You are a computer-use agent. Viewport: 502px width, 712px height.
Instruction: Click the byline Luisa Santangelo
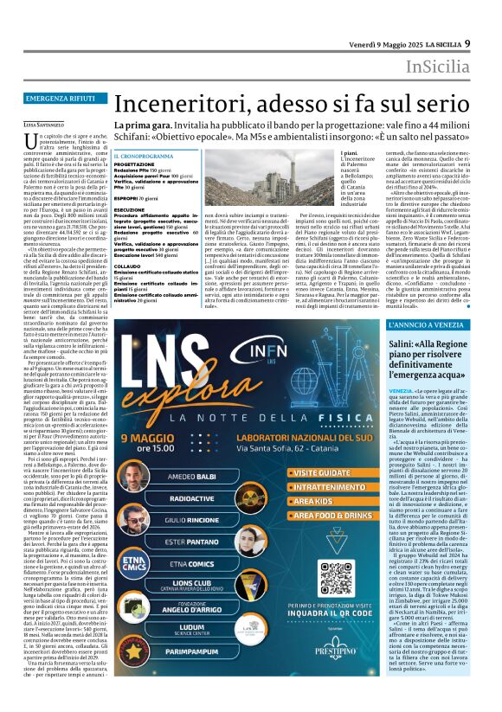(x=55, y=123)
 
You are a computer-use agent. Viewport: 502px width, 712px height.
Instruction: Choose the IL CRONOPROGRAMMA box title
(x=144, y=156)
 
